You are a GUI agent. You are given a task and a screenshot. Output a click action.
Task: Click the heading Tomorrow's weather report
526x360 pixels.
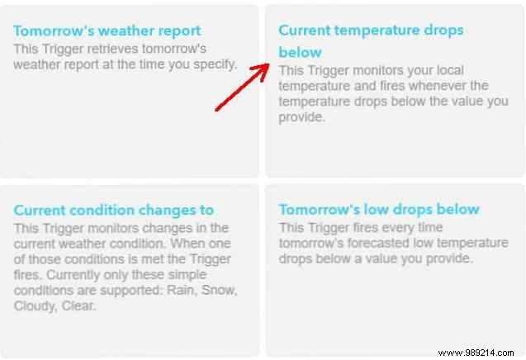[x=107, y=31]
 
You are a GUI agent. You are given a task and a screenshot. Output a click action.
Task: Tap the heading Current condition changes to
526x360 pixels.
[x=114, y=210]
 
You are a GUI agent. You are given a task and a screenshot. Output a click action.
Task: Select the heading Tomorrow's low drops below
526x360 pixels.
[x=379, y=209]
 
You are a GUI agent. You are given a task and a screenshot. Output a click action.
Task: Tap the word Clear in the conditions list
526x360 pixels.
[x=82, y=306]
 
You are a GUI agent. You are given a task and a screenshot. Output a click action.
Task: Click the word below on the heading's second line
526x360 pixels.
[x=296, y=52]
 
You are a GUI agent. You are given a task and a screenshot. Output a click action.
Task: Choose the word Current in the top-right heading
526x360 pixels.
[x=307, y=30]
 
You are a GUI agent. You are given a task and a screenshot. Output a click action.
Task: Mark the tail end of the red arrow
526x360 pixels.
[x=217, y=108]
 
